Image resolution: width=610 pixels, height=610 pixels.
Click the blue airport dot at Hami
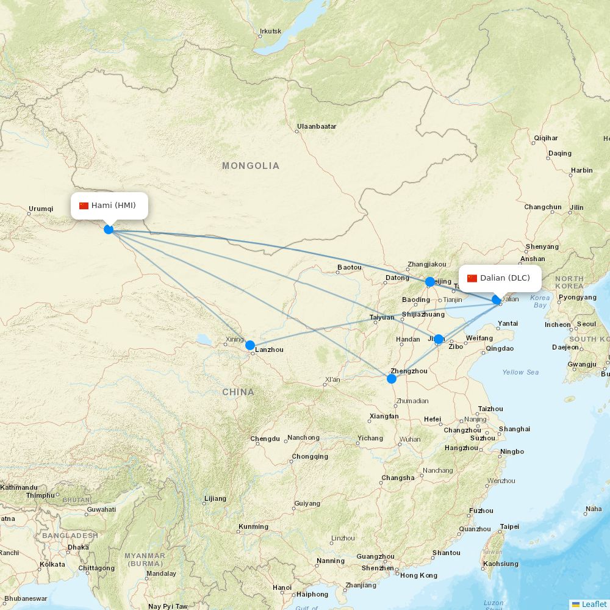pyautogui.click(x=109, y=229)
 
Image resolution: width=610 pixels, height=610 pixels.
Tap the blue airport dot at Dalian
pyautogui.click(x=497, y=300)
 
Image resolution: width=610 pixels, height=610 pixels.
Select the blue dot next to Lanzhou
pyautogui.click(x=250, y=345)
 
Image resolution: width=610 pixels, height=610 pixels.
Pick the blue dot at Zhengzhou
pyautogui.click(x=392, y=379)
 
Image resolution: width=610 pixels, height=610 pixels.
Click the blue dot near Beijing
pyautogui.click(x=430, y=282)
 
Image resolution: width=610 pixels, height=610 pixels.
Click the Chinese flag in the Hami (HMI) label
pyautogui.click(x=84, y=206)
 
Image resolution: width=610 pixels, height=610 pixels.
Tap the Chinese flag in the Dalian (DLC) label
pyautogui.click(x=472, y=278)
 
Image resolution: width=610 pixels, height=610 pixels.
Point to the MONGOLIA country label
pyautogui.click(x=251, y=166)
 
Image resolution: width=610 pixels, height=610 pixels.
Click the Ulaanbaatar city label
pyautogui.click(x=317, y=127)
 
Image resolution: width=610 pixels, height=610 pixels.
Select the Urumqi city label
pyautogui.click(x=41, y=209)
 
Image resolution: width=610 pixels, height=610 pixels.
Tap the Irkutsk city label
pyautogui.click(x=270, y=31)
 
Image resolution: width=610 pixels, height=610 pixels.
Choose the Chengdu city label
pyautogui.click(x=265, y=439)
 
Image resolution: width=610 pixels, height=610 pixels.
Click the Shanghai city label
pyautogui.click(x=514, y=429)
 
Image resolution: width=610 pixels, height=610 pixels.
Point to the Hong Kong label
pyautogui.click(x=418, y=575)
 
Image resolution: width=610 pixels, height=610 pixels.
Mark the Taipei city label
pyautogui.click(x=509, y=526)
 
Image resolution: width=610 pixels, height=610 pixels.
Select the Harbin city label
pyautogui.click(x=581, y=170)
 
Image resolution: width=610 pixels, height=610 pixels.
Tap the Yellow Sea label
pyautogui.click(x=520, y=372)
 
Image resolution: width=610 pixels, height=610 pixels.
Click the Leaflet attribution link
pyautogui.click(x=594, y=604)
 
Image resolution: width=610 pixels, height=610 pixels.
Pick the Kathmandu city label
pyautogui.click(x=19, y=487)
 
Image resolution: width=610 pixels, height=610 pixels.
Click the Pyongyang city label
pyautogui.click(x=577, y=298)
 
